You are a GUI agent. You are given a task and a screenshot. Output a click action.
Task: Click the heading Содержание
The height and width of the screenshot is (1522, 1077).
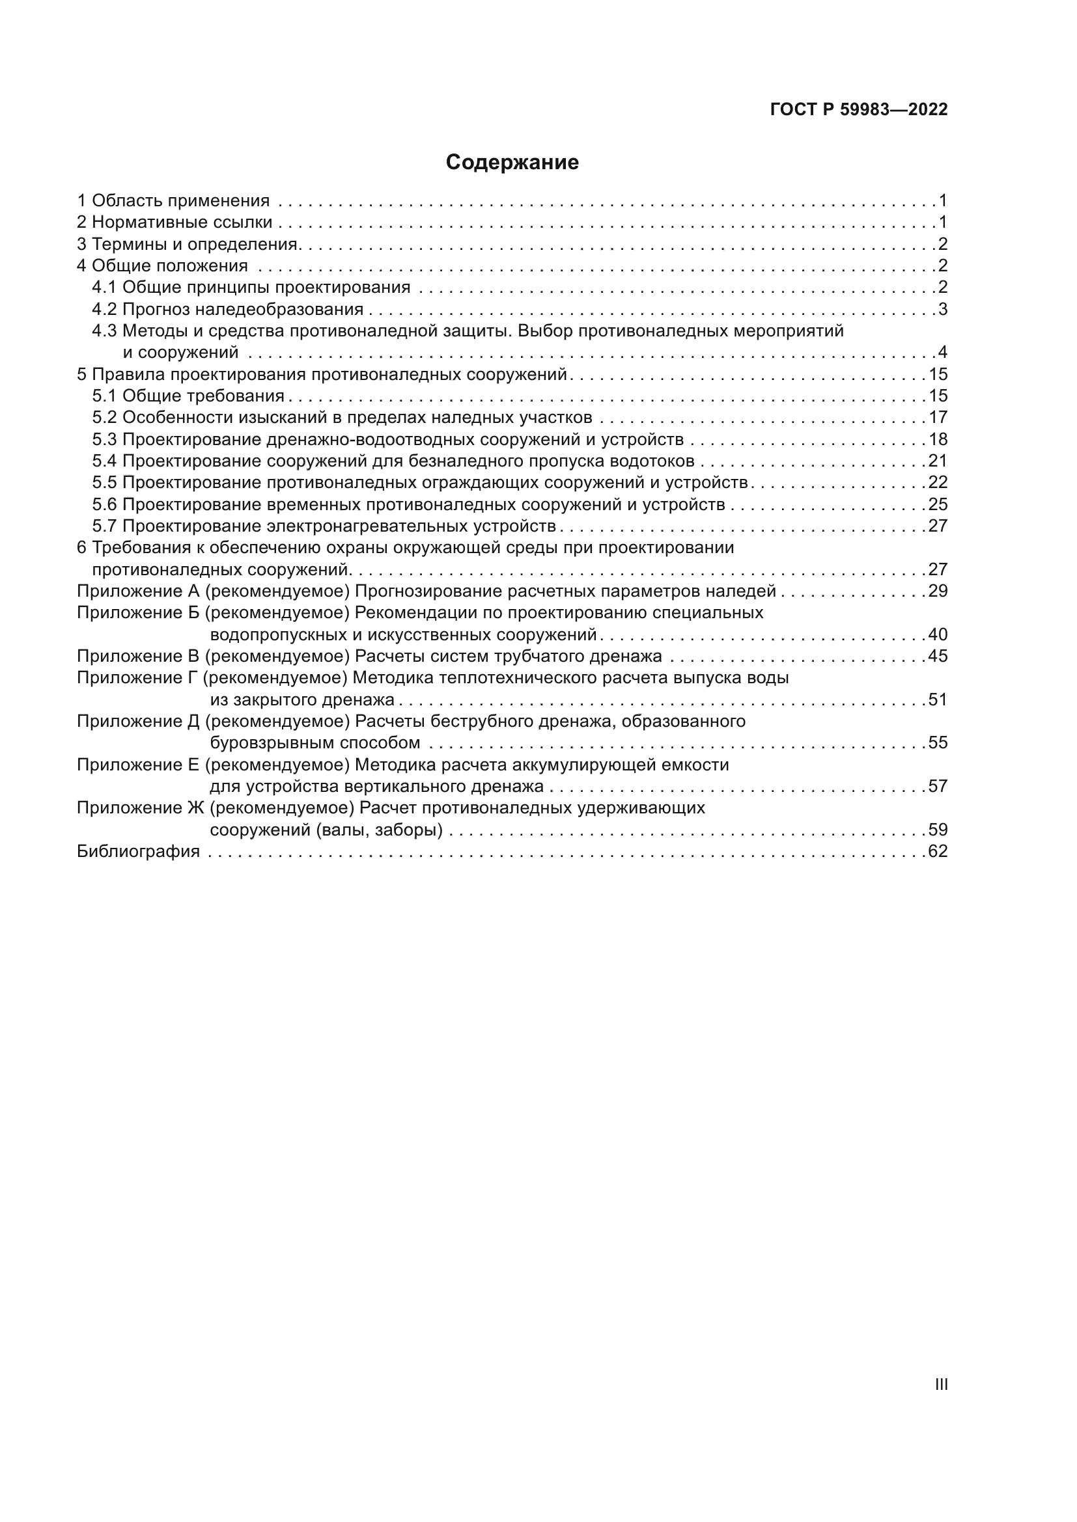(x=512, y=163)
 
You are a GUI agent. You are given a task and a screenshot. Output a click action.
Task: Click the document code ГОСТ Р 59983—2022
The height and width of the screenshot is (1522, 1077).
(x=859, y=109)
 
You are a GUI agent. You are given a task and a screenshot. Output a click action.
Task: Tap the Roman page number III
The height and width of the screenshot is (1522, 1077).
(x=941, y=1384)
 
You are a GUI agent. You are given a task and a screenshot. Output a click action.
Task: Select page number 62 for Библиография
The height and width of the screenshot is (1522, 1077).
(x=938, y=851)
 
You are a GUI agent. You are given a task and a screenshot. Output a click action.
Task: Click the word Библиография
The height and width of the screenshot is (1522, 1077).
(x=138, y=851)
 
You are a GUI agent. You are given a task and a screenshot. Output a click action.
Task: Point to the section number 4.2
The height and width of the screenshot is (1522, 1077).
(x=104, y=309)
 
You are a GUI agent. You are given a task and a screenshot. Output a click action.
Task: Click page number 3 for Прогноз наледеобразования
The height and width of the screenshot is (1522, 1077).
(x=942, y=309)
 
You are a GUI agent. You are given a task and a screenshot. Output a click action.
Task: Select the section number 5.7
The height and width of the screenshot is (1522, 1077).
(x=104, y=526)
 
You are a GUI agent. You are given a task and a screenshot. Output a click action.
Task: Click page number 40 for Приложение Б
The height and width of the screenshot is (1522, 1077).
(x=938, y=634)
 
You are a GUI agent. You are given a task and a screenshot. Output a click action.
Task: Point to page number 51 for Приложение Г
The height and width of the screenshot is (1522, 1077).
(x=938, y=700)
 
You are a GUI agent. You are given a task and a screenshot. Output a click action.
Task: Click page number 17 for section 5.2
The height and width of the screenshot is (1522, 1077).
(x=938, y=418)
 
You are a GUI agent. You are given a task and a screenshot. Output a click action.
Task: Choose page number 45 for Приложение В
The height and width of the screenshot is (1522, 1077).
(x=938, y=657)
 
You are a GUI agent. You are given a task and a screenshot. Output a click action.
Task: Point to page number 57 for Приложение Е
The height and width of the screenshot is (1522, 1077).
(x=938, y=786)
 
